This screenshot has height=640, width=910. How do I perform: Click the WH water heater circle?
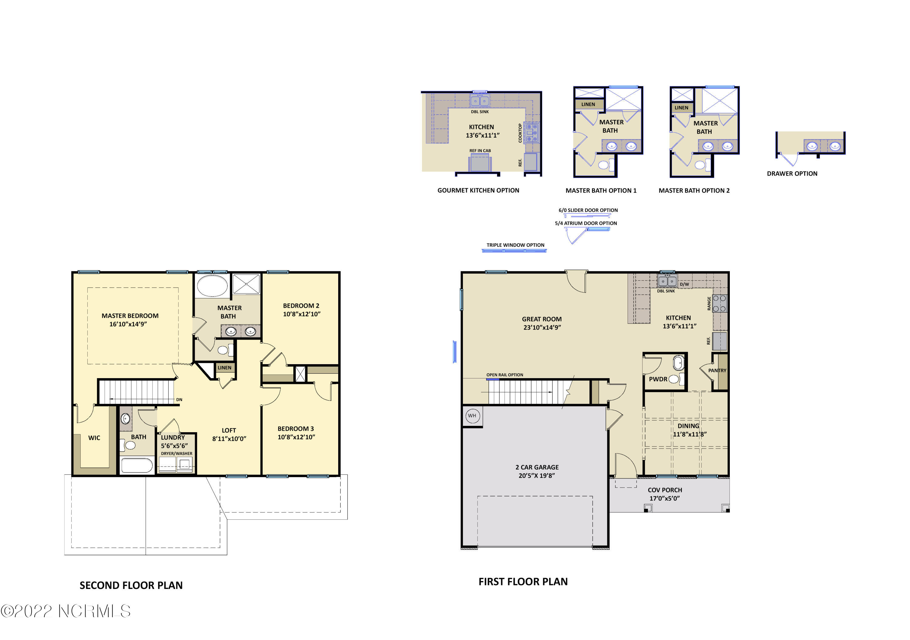point(472,416)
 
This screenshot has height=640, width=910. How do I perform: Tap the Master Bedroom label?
point(130,316)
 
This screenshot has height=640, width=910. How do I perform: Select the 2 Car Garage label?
point(537,467)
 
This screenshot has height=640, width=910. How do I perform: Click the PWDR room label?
point(658,379)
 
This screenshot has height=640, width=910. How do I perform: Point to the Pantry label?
point(717,371)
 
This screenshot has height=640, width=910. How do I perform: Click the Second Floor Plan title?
point(131,586)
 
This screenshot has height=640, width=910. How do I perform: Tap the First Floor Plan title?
point(523,582)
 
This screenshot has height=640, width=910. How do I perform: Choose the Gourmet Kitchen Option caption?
point(478,190)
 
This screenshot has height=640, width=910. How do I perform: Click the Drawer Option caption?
point(792,174)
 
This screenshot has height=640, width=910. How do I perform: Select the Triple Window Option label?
point(515,245)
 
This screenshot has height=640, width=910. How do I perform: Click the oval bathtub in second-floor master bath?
point(212,285)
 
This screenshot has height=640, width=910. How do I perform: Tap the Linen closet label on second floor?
point(224,368)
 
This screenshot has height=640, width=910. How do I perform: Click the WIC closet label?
point(94,438)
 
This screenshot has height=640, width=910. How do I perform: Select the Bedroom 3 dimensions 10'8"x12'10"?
point(296,437)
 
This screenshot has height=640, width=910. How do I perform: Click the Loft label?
point(229,430)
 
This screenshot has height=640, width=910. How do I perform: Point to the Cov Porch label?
point(665,491)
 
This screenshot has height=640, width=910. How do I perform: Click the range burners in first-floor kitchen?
point(720,303)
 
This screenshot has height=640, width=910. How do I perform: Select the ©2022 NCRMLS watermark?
point(66,611)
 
